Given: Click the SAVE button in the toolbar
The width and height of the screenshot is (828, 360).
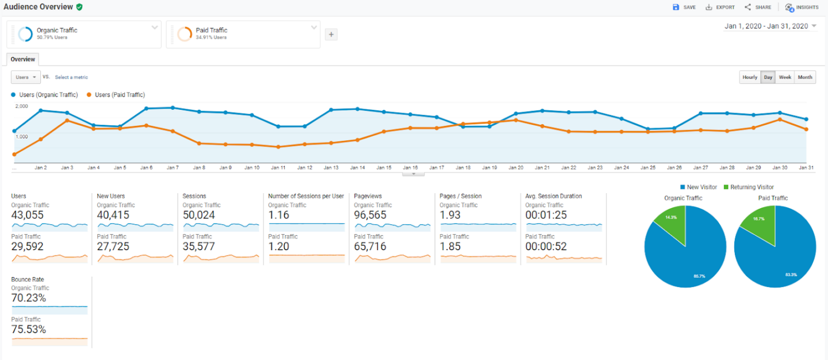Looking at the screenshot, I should pos(684,7).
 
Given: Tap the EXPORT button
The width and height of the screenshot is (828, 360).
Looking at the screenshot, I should pos(720,7).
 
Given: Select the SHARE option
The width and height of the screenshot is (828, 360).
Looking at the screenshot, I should pos(758,7).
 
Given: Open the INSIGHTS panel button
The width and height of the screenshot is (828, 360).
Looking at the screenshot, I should pos(802,7).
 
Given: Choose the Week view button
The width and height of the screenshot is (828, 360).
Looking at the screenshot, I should pos(785,77).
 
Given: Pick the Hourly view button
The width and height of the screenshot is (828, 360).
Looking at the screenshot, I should pos(750,77).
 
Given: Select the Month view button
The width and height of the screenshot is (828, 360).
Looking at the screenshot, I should pos(805,77).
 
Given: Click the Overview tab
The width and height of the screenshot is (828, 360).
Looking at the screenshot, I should pos(22,59).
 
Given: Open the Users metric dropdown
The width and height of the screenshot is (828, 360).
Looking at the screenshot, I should pos(26,77).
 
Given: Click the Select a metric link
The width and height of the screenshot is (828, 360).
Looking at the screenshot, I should pos(71,77).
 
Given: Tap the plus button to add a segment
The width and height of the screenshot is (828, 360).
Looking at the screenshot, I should pos(331,35).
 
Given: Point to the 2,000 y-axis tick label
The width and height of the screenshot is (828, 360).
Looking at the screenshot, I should pos(21,106).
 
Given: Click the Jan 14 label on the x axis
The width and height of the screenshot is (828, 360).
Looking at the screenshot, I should pos(357,168).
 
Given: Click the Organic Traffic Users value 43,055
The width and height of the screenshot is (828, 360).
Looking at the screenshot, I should pos(27,215).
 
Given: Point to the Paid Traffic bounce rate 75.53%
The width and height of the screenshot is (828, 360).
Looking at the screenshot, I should pos(29,330).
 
